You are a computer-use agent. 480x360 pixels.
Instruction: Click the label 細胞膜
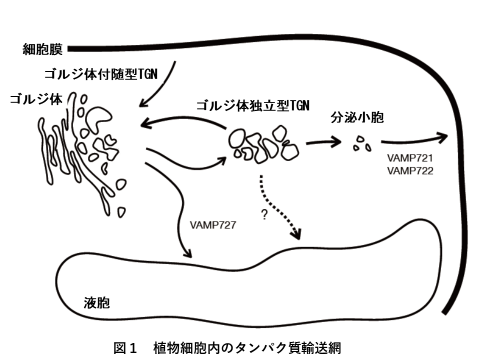point(42,49)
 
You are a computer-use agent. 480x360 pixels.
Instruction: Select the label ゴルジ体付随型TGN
point(101,74)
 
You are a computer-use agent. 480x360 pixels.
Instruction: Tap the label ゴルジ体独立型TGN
point(253,106)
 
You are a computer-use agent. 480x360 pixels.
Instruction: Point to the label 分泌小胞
point(357,117)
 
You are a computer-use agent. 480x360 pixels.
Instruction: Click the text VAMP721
point(410,158)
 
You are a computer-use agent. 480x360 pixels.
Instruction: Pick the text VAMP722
point(410,171)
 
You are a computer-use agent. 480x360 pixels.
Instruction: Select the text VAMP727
point(213,225)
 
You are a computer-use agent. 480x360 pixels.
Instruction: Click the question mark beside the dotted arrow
point(264,215)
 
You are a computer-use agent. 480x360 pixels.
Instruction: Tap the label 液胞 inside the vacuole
point(97,303)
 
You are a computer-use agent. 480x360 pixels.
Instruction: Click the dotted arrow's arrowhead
point(296,234)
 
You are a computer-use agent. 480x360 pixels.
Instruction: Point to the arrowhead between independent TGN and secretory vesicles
point(335,142)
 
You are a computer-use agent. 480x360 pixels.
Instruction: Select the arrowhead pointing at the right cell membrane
point(441,137)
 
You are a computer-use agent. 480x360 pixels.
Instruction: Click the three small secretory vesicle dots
point(362,144)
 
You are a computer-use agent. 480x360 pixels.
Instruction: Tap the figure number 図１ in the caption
point(125,348)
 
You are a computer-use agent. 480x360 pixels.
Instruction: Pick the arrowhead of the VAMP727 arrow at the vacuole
point(187,253)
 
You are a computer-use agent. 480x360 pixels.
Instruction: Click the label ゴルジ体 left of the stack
point(36,99)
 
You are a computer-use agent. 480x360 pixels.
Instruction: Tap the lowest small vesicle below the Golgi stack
point(122,212)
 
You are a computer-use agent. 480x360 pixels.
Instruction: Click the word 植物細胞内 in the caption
point(186,348)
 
